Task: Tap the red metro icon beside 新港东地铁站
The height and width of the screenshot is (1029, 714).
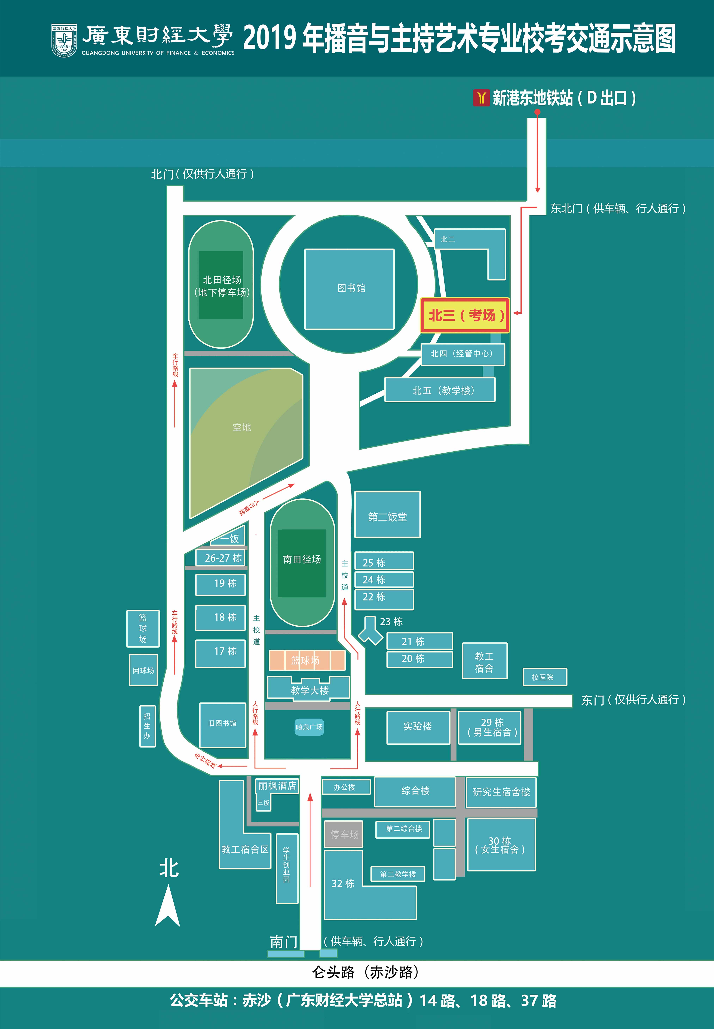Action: (x=481, y=97)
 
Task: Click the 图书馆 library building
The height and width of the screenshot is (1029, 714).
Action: (x=349, y=289)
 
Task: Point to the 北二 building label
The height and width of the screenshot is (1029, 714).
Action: (x=448, y=239)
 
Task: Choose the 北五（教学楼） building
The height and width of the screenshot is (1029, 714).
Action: (x=440, y=390)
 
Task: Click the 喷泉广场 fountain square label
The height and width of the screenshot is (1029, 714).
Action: (x=309, y=727)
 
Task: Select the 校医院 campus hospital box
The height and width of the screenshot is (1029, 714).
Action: (x=544, y=677)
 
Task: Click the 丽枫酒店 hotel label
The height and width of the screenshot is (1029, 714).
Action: (x=277, y=786)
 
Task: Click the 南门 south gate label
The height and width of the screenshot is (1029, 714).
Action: (x=283, y=942)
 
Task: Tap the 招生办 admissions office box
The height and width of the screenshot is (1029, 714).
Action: (x=147, y=726)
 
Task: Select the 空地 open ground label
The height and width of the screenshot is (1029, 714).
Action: (x=242, y=427)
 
